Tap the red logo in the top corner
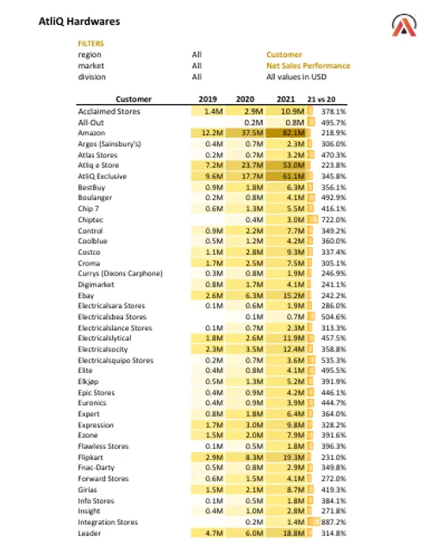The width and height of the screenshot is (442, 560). [403, 26]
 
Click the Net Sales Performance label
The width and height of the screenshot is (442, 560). [308, 65]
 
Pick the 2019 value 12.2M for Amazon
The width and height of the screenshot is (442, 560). [213, 133]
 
